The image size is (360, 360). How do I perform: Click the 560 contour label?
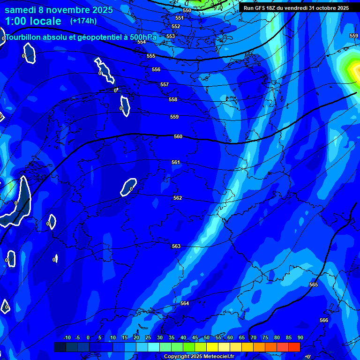click(x=178, y=136)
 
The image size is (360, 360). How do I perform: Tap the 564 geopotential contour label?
click(x=185, y=303)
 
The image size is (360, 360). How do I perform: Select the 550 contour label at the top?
click(x=187, y=10)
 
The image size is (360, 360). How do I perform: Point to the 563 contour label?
click(x=176, y=246)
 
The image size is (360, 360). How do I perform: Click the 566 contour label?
click(x=324, y=320)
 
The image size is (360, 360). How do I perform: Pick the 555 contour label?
click(x=151, y=56)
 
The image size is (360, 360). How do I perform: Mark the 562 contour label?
click(x=178, y=198)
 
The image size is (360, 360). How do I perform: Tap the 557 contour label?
click(x=165, y=84)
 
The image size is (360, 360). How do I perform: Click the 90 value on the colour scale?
click(x=300, y=337)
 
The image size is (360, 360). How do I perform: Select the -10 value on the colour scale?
click(x=67, y=337)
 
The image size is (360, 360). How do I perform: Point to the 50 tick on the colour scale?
click(x=207, y=337)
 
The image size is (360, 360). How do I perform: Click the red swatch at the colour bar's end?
click(x=294, y=347)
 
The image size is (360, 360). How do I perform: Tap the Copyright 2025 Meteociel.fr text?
click(x=199, y=357)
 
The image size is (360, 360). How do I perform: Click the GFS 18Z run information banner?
click(x=296, y=8)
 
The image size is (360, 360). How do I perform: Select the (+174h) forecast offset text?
click(x=83, y=21)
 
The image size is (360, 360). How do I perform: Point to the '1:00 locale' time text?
click(x=33, y=21)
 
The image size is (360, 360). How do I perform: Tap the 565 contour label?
click(x=314, y=285)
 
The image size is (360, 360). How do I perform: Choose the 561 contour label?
click(x=176, y=162)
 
